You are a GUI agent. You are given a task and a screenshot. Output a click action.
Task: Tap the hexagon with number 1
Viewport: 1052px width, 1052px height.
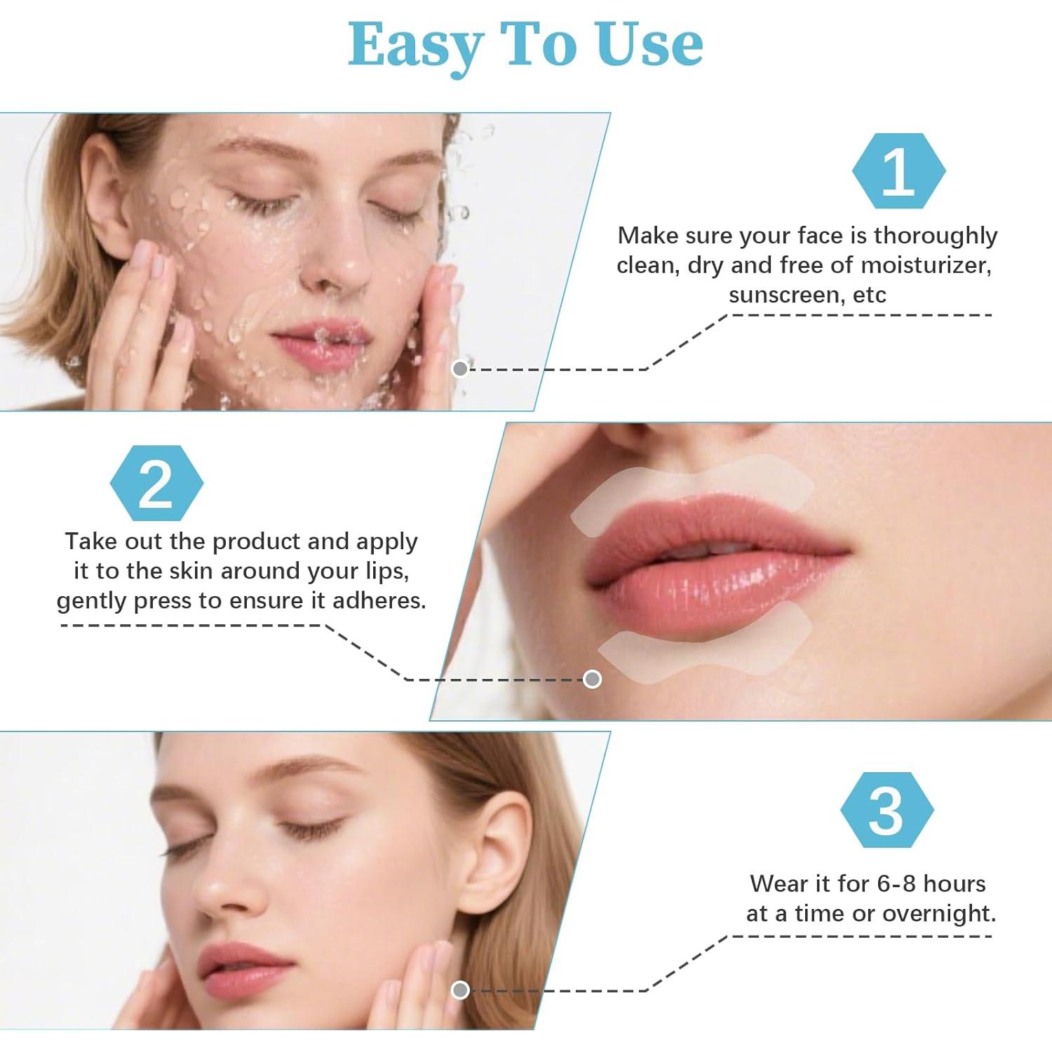(898, 171)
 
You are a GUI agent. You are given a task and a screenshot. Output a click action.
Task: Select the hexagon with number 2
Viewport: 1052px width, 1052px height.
(156, 483)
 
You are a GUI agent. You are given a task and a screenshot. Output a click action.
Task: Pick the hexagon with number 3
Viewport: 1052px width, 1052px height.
(886, 810)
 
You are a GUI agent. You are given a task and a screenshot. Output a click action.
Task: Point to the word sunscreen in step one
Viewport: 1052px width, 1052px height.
(785, 295)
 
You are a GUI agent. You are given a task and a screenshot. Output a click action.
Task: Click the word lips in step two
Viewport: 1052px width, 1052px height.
(385, 572)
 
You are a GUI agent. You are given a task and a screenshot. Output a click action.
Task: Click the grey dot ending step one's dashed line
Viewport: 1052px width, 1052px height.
(460, 369)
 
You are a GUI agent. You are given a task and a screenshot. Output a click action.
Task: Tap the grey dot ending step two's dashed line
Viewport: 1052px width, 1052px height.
(593, 679)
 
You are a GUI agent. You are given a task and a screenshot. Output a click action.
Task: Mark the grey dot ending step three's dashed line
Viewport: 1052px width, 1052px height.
(460, 990)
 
